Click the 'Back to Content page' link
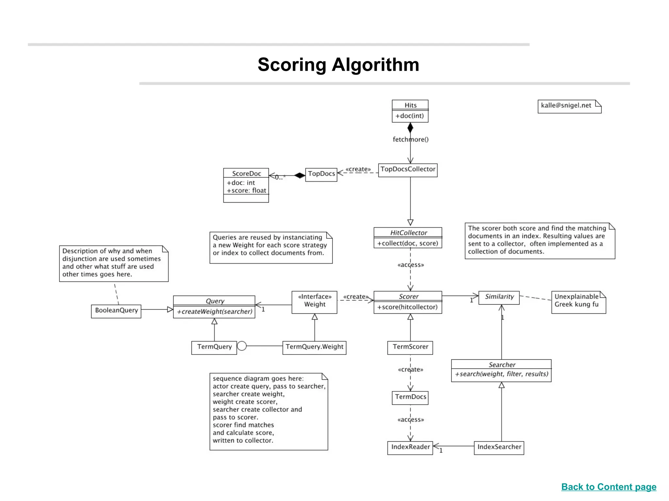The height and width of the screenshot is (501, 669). tap(609, 487)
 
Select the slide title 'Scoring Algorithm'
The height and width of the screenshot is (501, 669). tap(338, 65)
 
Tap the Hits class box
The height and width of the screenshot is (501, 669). tap(410, 111)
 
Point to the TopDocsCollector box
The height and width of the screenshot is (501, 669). tap(408, 170)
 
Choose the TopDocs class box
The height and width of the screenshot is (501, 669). tap(321, 174)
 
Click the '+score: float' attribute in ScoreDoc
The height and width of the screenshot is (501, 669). tap(247, 190)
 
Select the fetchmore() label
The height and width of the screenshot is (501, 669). tap(411, 140)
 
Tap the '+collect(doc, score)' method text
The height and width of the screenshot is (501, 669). tap(408, 243)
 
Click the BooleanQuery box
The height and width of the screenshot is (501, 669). tap(116, 311)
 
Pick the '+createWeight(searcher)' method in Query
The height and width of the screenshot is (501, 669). tap(215, 312)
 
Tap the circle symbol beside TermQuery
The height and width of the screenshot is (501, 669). tap(242, 346)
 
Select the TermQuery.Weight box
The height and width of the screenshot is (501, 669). tap(314, 347)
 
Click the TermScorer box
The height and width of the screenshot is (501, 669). tap(410, 347)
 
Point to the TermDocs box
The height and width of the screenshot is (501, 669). tap(410, 397)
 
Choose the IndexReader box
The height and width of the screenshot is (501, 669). tap(410, 447)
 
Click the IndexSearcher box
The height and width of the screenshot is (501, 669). tap(499, 447)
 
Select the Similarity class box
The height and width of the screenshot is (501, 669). tap(499, 297)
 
